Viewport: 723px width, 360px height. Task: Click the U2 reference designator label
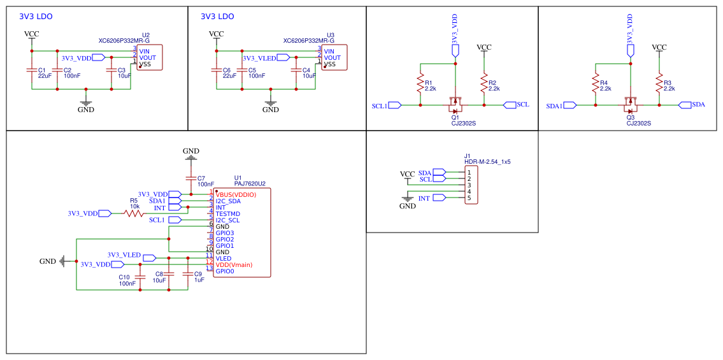point(146,35)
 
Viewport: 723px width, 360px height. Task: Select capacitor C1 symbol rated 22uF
point(32,70)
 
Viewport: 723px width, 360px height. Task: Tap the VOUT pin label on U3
point(332,58)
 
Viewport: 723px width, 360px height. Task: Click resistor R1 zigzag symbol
point(420,83)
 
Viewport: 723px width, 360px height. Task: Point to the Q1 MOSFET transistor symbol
point(455,103)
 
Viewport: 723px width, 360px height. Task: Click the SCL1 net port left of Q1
point(394,105)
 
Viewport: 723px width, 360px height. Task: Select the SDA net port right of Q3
point(685,104)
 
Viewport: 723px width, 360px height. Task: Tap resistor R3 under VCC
point(659,83)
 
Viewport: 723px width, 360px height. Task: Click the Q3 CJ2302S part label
point(638,124)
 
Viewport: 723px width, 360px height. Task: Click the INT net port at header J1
point(439,198)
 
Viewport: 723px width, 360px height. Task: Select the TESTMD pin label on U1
point(227,214)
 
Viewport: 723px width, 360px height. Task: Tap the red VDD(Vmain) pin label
point(234,264)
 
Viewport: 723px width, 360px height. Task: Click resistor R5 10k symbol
point(134,213)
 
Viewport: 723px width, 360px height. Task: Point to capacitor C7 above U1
point(190,178)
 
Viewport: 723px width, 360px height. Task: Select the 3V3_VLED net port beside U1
point(149,258)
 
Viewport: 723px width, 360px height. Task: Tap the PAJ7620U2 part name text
point(250,184)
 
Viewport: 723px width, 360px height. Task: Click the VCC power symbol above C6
point(217,35)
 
